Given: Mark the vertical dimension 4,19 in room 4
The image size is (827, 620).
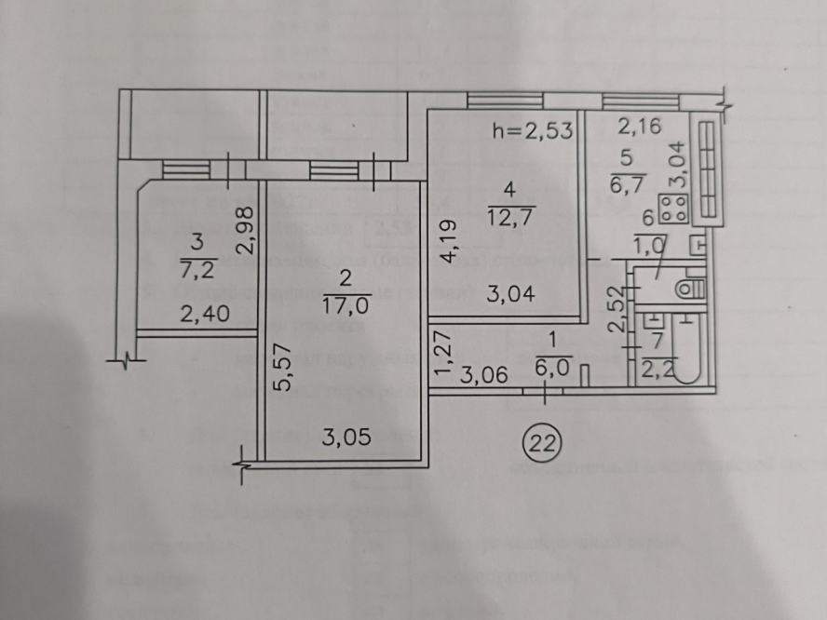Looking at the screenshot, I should pyautogui.click(x=447, y=240).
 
